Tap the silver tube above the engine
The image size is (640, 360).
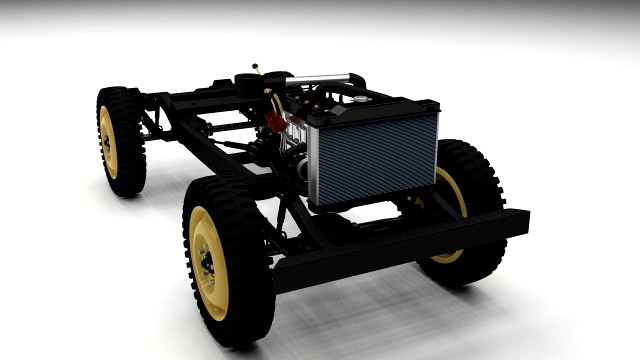pos(320,78)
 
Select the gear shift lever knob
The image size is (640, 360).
pos(257,69)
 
